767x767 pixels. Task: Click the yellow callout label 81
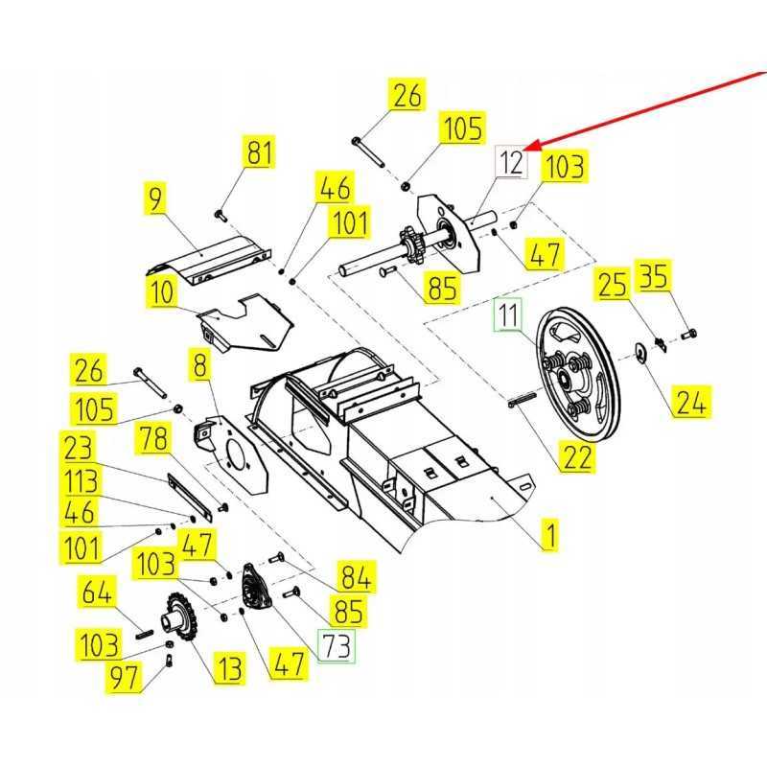pos(259,153)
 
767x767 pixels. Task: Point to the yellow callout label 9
pos(156,198)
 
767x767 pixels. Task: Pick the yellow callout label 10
pos(163,291)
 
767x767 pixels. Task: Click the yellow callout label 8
pos(199,365)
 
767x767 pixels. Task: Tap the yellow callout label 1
pos(549,533)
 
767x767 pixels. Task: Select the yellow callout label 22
pos(578,457)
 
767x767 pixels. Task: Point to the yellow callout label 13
pos(228,668)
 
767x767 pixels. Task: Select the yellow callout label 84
pos(356,576)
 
